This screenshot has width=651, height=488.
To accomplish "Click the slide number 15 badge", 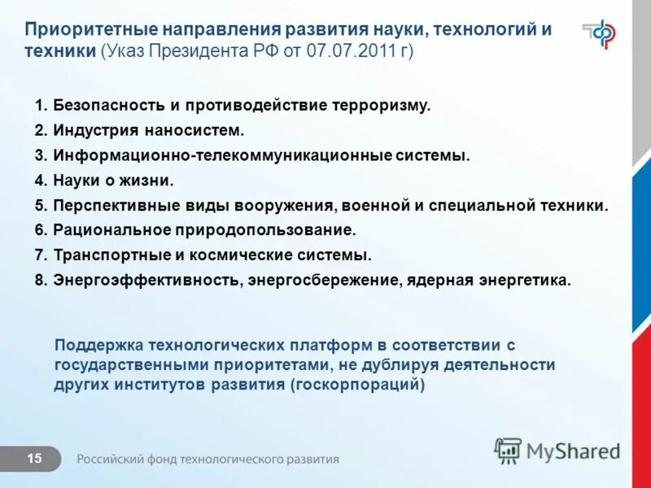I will [x=34, y=460].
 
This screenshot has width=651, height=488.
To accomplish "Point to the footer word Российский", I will [x=111, y=460].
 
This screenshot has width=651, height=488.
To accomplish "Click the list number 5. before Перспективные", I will [x=42, y=206].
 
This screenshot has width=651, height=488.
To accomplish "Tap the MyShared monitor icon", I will [x=508, y=451].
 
